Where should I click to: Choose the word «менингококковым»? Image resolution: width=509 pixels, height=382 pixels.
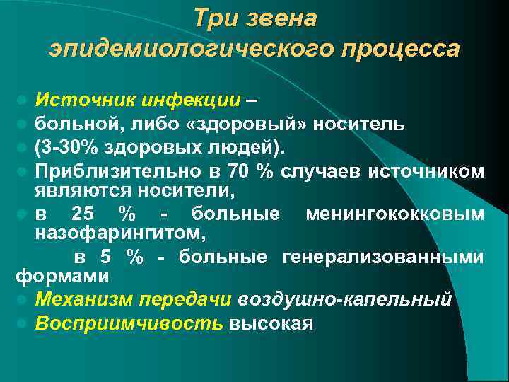click(x=395, y=214)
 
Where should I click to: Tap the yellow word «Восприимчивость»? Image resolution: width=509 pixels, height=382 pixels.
click(x=129, y=323)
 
